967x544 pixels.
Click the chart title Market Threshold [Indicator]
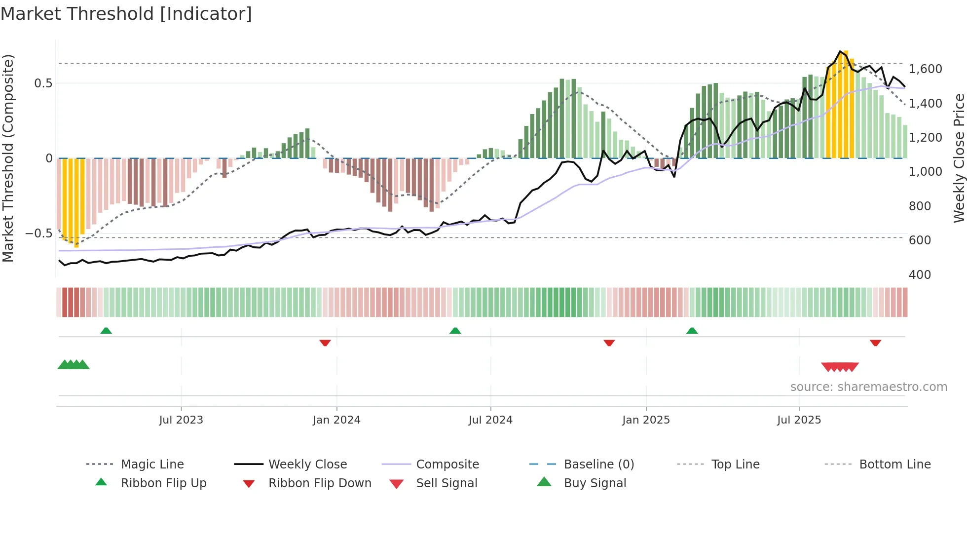(x=126, y=14)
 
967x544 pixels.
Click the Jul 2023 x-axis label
(x=181, y=420)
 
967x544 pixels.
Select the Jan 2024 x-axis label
(x=336, y=420)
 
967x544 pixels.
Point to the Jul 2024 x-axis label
(x=490, y=420)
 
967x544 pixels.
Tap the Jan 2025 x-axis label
(x=646, y=420)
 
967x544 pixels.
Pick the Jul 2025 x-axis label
(x=799, y=420)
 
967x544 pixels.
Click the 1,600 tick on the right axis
(x=925, y=69)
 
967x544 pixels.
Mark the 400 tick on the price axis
(x=920, y=274)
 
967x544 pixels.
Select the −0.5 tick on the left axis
(x=38, y=233)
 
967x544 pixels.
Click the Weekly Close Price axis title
(x=959, y=158)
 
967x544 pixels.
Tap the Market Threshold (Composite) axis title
(x=8, y=158)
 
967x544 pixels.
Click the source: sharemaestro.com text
(x=868, y=387)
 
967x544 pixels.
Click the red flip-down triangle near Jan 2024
(x=325, y=343)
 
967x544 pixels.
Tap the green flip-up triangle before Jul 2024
(x=455, y=331)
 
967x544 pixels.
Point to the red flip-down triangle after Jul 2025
(x=875, y=343)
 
